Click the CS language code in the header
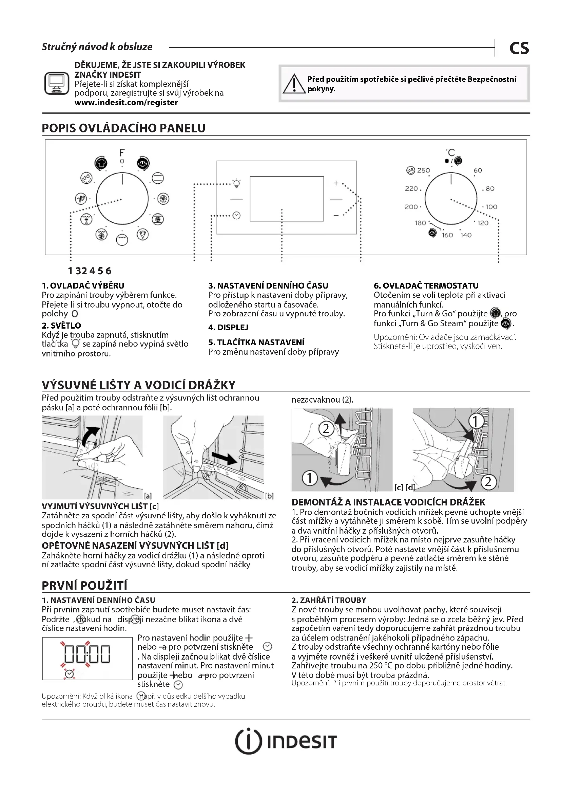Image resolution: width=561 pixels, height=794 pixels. (519, 48)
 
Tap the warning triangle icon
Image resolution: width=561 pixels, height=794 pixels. (294, 84)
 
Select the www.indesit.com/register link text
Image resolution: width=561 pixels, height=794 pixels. (126, 103)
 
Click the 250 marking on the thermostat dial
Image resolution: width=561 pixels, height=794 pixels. (423, 170)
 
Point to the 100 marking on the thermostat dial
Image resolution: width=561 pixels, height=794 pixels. (491, 207)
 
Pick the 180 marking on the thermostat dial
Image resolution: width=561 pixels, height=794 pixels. (420, 223)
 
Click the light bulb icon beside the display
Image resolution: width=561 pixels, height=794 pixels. (237, 183)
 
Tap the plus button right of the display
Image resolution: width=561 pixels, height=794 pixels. (336, 183)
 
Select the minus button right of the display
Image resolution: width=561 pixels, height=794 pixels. (336, 216)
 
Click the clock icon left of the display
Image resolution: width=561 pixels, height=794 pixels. (237, 216)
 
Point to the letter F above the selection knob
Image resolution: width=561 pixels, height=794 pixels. (122, 152)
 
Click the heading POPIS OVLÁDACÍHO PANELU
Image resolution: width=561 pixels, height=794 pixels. (123, 128)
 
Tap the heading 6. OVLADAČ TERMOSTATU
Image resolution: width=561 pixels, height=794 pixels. (426, 285)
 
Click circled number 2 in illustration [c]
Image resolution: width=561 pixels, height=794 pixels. (326, 429)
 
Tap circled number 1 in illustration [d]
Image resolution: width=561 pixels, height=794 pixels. (475, 421)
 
